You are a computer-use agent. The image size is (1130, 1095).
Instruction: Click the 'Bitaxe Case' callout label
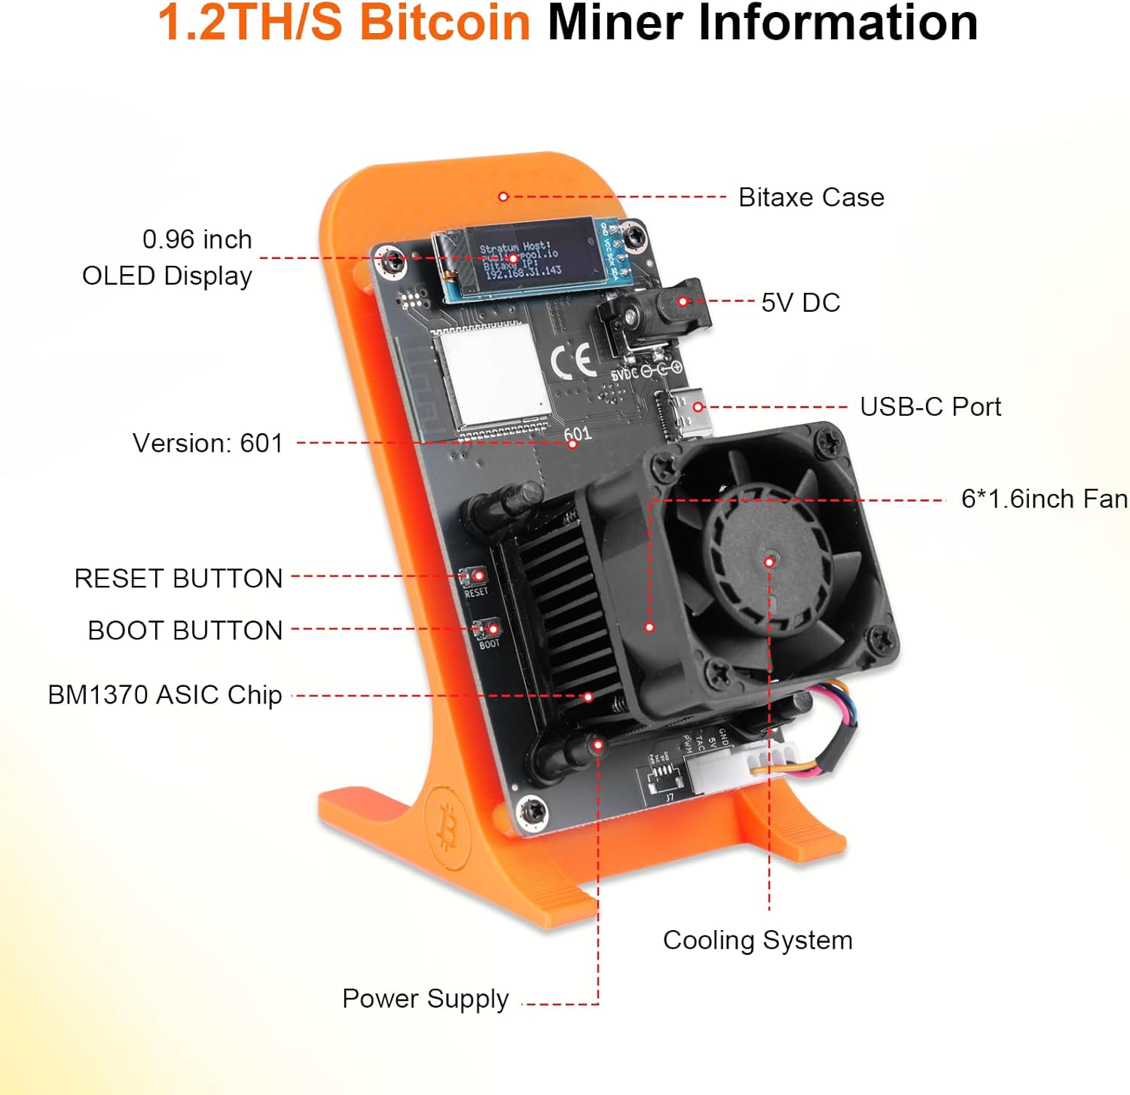[811, 197]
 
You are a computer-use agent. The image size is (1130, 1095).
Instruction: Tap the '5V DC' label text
[800, 303]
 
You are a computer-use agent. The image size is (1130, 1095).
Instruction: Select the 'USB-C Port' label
[930, 407]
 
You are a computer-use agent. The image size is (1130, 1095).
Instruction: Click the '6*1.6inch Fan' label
[1043, 499]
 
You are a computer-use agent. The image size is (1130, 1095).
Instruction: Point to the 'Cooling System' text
[757, 940]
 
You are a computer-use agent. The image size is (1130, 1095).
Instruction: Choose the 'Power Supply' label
[425, 999]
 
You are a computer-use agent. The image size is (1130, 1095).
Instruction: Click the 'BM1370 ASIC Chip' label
[164, 694]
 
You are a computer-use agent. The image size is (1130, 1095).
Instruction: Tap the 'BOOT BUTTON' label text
[185, 630]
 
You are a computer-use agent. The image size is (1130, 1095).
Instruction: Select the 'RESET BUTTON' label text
[178, 578]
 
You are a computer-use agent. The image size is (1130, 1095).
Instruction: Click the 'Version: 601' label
[207, 443]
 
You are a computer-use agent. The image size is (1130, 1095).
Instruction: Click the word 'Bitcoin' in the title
[444, 23]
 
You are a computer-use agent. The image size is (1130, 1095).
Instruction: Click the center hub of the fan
[768, 561]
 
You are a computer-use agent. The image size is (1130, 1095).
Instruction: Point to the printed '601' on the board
[577, 434]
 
